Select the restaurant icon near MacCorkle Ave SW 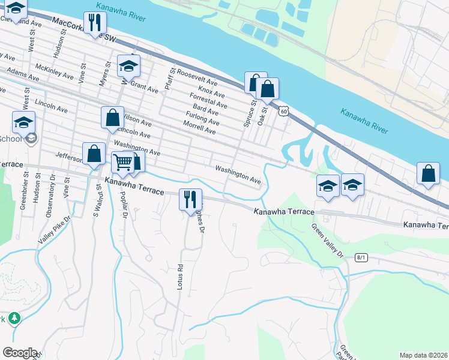click(94, 23)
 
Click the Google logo click(19, 353)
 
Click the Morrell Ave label click(199, 128)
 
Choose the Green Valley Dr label click(327, 241)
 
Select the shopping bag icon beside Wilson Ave click(112, 118)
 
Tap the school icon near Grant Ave click(128, 67)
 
